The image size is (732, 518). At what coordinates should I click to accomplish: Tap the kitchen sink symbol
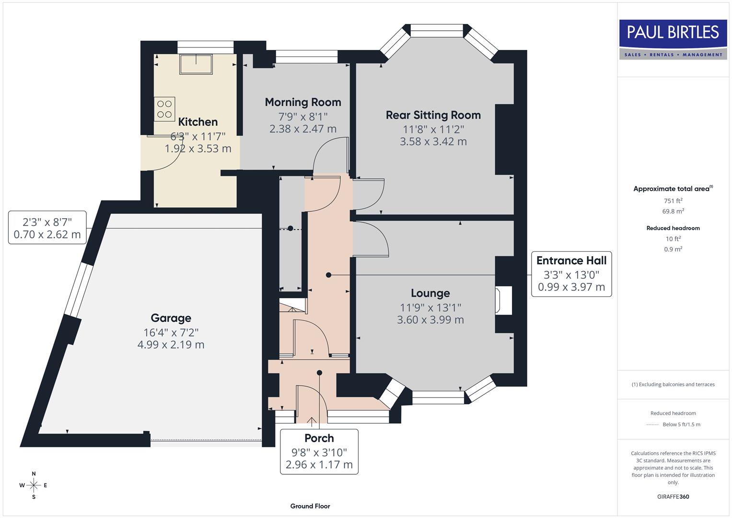(x=196, y=64)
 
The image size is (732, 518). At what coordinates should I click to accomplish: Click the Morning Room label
(x=303, y=102)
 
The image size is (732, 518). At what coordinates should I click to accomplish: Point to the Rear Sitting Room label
(x=433, y=115)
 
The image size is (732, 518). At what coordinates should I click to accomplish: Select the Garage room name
(x=171, y=318)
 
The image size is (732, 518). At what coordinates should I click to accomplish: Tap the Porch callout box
(x=319, y=451)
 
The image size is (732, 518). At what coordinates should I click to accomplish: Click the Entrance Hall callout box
(x=571, y=274)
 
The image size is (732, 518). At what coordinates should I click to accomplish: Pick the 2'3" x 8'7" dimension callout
(x=47, y=228)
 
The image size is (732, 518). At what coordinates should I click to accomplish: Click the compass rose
(x=34, y=485)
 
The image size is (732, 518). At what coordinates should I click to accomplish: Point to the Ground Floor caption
(x=310, y=506)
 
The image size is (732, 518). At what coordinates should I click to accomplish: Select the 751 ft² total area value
(x=673, y=201)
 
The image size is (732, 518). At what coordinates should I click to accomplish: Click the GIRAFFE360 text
(x=673, y=497)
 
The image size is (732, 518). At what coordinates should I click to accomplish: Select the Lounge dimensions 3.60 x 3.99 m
(x=430, y=320)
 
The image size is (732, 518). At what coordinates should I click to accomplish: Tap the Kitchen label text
(x=198, y=122)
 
